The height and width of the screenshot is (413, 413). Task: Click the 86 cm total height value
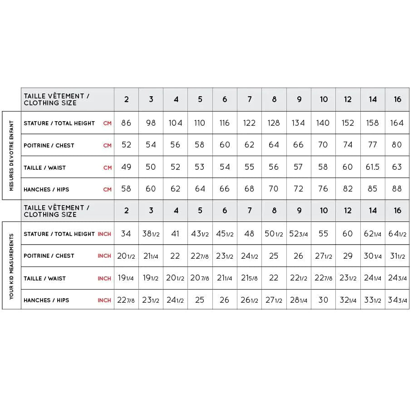pos(126,123)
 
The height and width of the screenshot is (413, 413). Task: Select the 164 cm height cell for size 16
pos(397,123)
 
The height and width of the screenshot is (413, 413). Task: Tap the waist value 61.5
pos(372,167)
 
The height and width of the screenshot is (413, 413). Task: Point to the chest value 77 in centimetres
pos(372,145)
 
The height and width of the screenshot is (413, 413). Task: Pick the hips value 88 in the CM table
pos(397,189)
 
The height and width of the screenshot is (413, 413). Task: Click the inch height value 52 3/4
pos(299,234)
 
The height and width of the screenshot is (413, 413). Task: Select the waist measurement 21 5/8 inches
pos(249,278)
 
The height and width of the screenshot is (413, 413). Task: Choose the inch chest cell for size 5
pos(200,256)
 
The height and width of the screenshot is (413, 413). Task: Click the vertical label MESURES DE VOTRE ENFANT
pos(12,156)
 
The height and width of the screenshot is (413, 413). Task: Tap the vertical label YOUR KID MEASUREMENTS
pos(12,266)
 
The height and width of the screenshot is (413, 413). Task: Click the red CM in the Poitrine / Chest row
pos(107,146)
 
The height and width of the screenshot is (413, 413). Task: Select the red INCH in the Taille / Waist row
pos(104,279)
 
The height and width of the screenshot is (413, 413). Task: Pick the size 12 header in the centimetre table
pos(348,99)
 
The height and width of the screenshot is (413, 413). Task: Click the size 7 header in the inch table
pos(250,211)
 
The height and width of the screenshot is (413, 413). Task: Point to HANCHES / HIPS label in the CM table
pos(46,190)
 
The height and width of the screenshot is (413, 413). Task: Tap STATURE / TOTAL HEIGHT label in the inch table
pos(59,234)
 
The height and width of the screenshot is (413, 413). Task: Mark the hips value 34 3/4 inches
pos(397,300)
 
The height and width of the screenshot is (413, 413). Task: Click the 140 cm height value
pos(323,123)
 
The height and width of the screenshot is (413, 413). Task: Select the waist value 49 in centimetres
pos(126,167)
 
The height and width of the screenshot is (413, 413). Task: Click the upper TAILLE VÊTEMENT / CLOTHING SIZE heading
pos(56,99)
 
